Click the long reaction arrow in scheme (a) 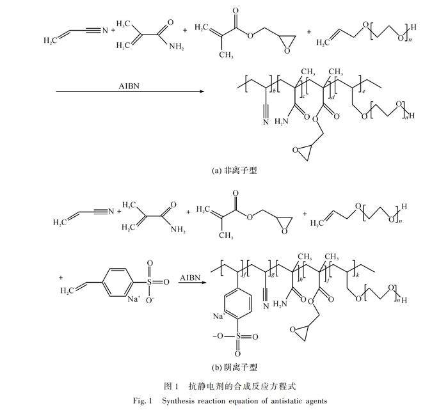tap(130, 92)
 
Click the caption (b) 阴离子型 tap(234, 367)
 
